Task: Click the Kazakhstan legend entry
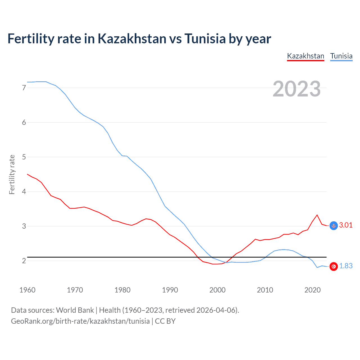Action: point(305,56)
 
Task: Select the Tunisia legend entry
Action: point(341,56)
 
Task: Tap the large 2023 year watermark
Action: point(296,89)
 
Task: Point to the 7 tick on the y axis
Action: point(24,88)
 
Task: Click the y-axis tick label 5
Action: point(24,157)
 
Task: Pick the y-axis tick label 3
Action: point(24,226)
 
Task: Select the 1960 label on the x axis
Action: point(27,290)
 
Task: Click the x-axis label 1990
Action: point(170,290)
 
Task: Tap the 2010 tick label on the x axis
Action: point(265,290)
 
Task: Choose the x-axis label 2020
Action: point(312,290)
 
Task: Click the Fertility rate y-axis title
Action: point(12,174)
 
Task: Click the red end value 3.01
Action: point(346,225)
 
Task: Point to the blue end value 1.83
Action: point(346,266)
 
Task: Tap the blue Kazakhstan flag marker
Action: point(334,226)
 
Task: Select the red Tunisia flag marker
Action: point(334,266)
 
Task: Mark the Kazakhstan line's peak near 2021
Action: point(317,215)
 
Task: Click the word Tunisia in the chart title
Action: point(205,39)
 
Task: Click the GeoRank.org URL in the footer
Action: point(80,321)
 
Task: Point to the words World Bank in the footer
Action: point(75,310)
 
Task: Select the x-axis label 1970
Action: point(75,290)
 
